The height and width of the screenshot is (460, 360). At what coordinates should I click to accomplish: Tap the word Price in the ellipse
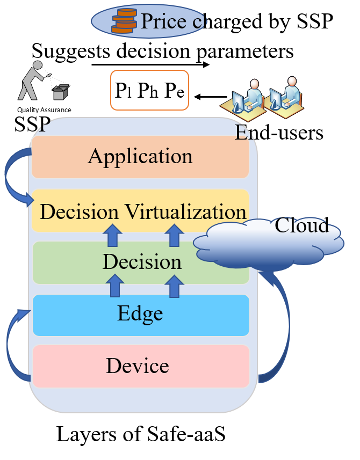click(x=159, y=21)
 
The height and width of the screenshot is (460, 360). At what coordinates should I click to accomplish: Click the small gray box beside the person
click(x=61, y=92)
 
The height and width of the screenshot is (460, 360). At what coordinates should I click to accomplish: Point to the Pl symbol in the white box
click(x=123, y=90)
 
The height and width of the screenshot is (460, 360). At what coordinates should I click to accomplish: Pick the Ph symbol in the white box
click(x=147, y=90)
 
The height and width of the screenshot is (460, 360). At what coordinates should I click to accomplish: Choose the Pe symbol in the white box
click(x=174, y=90)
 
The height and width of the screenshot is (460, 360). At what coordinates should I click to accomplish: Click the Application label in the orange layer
click(x=140, y=156)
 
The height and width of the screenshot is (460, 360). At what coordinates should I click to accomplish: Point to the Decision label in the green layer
click(x=142, y=262)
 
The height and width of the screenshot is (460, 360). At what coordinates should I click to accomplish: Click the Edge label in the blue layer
click(x=140, y=313)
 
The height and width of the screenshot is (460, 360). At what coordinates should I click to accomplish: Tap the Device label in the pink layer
click(x=138, y=366)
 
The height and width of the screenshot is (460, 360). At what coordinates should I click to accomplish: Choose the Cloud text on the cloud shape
click(x=301, y=225)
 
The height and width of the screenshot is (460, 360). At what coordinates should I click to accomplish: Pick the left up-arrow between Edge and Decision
click(x=114, y=286)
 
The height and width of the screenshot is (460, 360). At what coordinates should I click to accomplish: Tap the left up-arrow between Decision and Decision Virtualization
click(x=112, y=236)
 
